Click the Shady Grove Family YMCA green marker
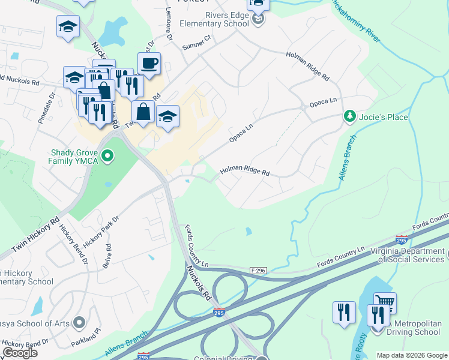pyautogui.click(x=107, y=157)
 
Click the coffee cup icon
pyautogui.click(x=149, y=64)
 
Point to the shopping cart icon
pyautogui.click(x=385, y=303)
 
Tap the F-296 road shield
pyautogui.click(x=258, y=271)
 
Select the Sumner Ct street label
pyautogui.click(x=197, y=41)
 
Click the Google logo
pyautogui.click(x=20, y=353)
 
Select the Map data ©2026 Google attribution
pyautogui.click(x=412, y=355)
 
